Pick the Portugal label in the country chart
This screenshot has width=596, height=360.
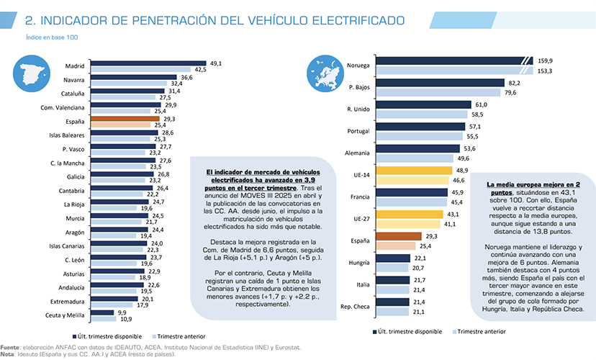[x=358, y=130]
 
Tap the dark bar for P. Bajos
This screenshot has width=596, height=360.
[x=438, y=84]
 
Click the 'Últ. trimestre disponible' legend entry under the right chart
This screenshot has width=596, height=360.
[x=410, y=331]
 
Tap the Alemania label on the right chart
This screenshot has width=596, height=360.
[x=357, y=153]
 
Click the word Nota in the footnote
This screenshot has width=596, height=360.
[x=8, y=354]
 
